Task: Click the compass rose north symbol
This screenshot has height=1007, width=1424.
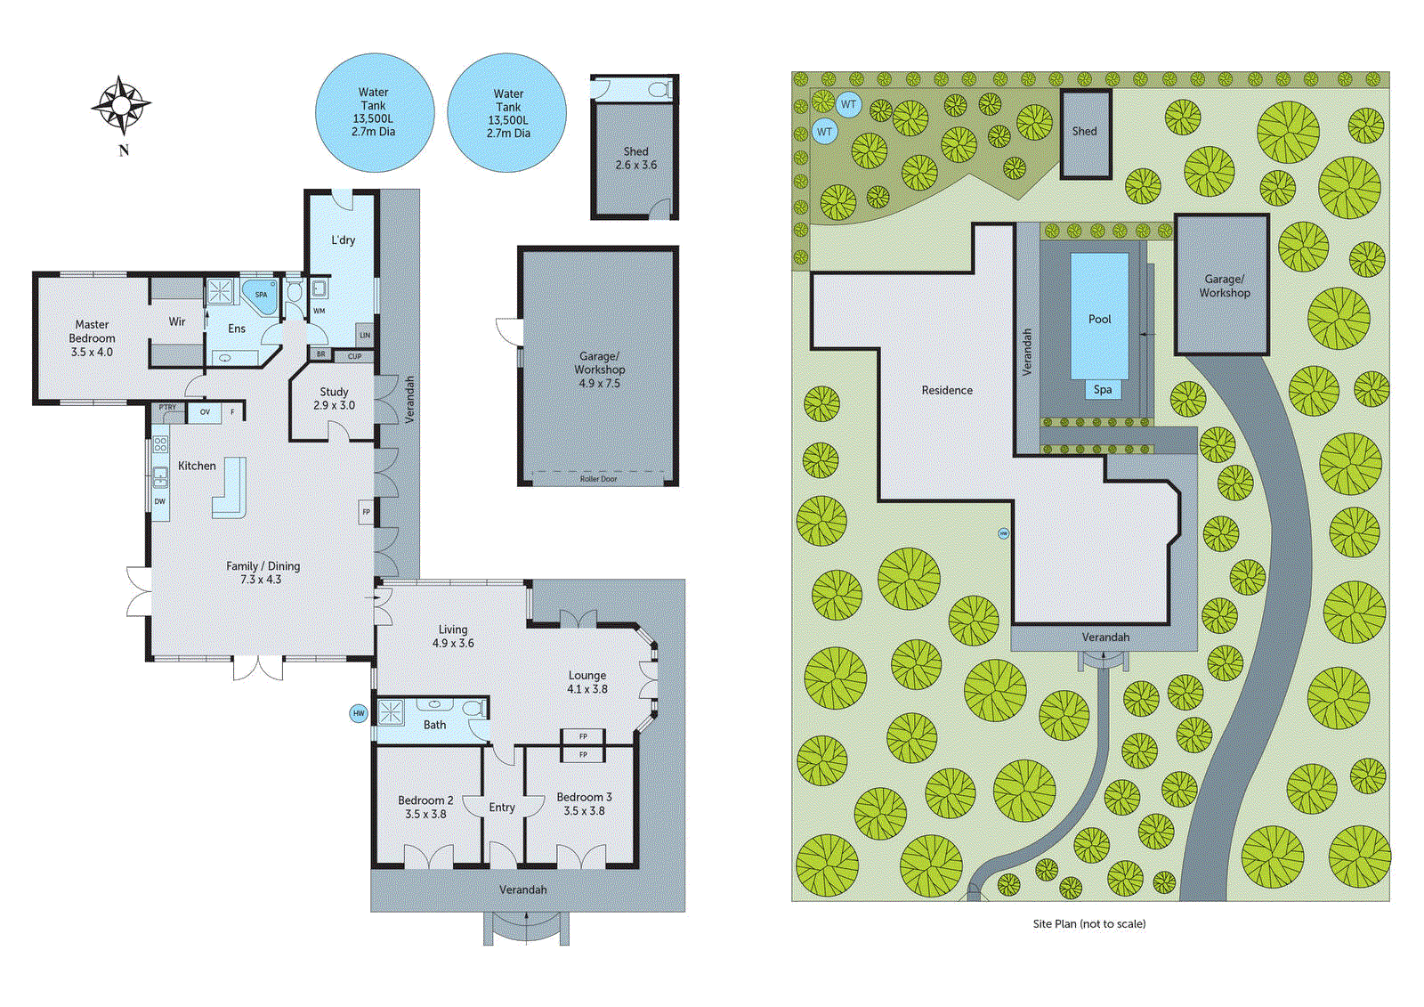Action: [x=121, y=106]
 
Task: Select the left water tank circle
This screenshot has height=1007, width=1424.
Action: [x=374, y=112]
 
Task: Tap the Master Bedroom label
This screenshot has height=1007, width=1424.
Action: [x=92, y=338]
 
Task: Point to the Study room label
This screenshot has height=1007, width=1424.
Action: [x=334, y=398]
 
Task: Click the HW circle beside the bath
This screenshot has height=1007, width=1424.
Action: [x=359, y=713]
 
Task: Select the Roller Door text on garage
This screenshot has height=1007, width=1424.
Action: [x=598, y=479]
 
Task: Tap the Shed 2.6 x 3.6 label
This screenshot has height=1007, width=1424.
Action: [x=635, y=158]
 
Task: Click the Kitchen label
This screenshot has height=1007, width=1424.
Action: [x=197, y=466]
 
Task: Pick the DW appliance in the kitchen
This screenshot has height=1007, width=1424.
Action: [x=160, y=501]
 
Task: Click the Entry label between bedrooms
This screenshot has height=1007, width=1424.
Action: [x=502, y=808]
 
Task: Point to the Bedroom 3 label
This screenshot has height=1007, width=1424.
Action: [x=584, y=803]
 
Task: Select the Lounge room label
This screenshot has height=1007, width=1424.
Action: [x=587, y=682]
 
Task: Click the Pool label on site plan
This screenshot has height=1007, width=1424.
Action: [x=1099, y=319]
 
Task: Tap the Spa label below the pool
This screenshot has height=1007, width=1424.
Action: [x=1103, y=389]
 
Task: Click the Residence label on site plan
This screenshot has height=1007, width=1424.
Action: [x=947, y=390]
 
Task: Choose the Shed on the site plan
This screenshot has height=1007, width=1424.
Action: [x=1085, y=134]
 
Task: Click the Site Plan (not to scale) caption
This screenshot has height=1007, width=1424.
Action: [x=1088, y=924]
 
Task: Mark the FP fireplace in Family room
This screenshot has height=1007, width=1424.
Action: [x=366, y=512]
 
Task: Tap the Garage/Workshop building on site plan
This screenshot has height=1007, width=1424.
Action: [x=1223, y=286]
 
